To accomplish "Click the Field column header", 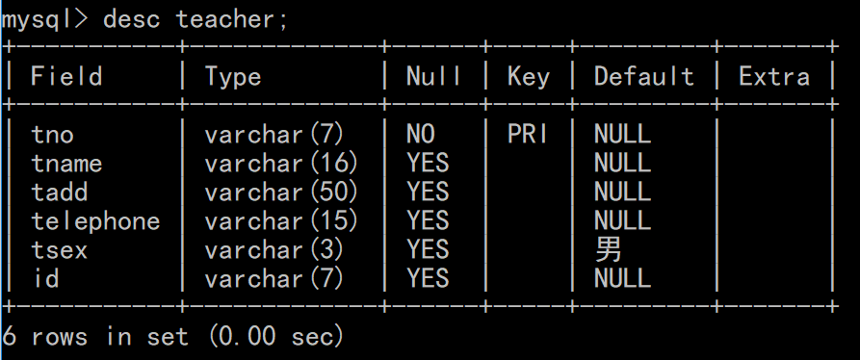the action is [66, 77].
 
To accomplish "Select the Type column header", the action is [233, 77].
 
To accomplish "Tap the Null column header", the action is [432, 77].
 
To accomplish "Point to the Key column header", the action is [529, 77].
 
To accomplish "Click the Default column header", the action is [643, 77].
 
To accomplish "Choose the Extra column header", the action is [774, 77].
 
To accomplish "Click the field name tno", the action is [52, 135].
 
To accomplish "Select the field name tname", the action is [66, 164].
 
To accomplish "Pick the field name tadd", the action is [60, 193].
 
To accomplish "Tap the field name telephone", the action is [95, 221].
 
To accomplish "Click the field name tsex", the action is [60, 250].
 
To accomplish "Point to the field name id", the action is [45, 279].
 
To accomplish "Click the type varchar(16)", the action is [281, 164].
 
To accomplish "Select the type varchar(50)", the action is [281, 193].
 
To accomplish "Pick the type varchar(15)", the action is [281, 221].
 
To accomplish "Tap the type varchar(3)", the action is [274, 250].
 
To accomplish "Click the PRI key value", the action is [529, 135].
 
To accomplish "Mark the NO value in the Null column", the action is [421, 135].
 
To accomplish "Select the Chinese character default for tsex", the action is [609, 250].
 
